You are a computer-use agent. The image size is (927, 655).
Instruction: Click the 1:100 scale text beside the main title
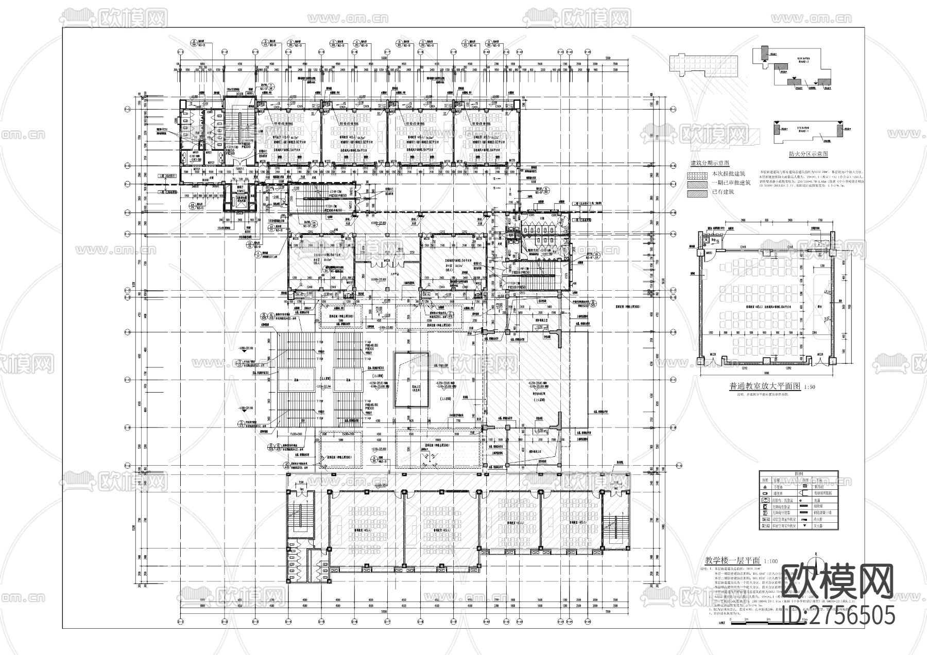[771, 561]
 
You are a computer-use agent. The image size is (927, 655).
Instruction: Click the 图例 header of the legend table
[799, 473]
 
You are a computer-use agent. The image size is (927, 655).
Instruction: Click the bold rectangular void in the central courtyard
[411, 379]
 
